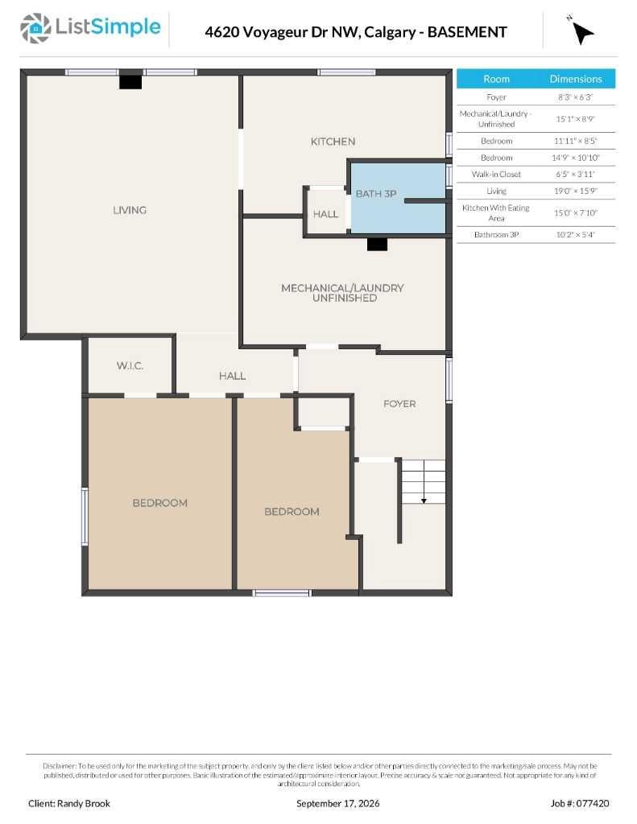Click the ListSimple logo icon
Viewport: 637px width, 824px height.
pyautogui.click(x=35, y=28)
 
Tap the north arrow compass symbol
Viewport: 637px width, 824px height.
pyautogui.click(x=581, y=32)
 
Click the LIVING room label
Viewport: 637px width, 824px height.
pyautogui.click(x=130, y=210)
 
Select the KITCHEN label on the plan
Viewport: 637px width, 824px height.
pyautogui.click(x=333, y=142)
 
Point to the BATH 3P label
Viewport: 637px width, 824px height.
pyautogui.click(x=376, y=193)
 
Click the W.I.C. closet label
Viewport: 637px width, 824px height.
pyautogui.click(x=130, y=366)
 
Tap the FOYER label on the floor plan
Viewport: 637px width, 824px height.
pyautogui.click(x=399, y=404)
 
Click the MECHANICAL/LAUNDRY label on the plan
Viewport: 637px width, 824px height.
pyautogui.click(x=342, y=288)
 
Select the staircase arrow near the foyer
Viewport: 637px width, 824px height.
pyautogui.click(x=424, y=482)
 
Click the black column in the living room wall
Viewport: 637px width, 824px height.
pyautogui.click(x=130, y=82)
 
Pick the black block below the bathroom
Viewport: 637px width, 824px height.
pyautogui.click(x=377, y=245)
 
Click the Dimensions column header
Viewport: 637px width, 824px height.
pyautogui.click(x=576, y=79)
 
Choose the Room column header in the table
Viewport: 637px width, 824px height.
pyautogui.click(x=496, y=79)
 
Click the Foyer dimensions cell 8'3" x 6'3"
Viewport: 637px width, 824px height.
pyautogui.click(x=576, y=97)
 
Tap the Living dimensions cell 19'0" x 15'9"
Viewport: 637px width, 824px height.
pyautogui.click(x=576, y=191)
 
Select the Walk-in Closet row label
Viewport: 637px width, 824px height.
pyautogui.click(x=496, y=174)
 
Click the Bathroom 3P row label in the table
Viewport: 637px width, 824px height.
pyautogui.click(x=496, y=234)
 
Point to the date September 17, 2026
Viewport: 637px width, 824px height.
pyautogui.click(x=337, y=804)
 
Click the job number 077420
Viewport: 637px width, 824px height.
pyautogui.click(x=593, y=804)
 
